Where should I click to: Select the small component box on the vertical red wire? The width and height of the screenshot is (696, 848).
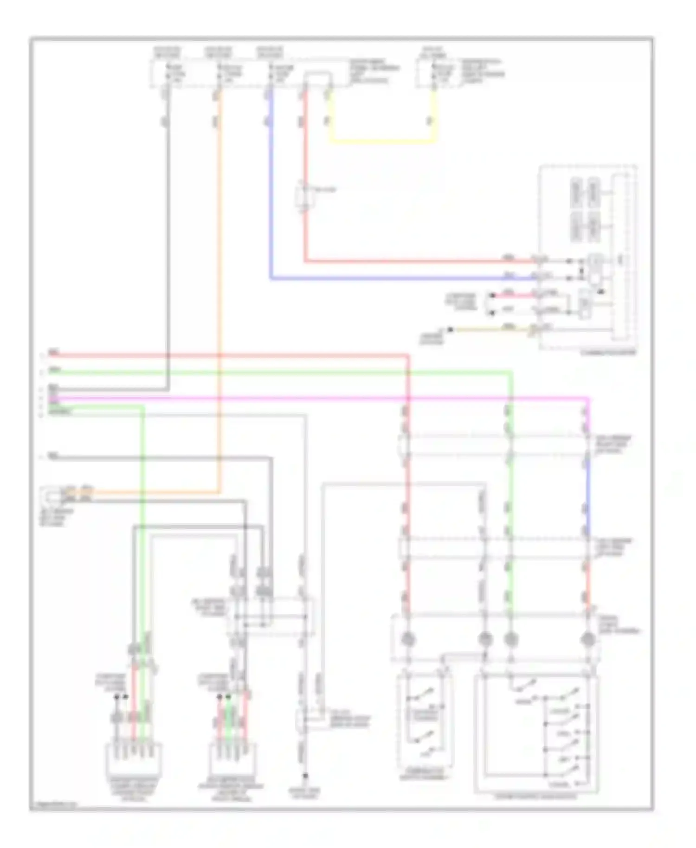pyautogui.click(x=305, y=197)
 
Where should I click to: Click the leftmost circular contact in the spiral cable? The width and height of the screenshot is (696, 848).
pyautogui.click(x=407, y=639)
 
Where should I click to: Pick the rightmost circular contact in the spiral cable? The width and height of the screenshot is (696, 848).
pyautogui.click(x=588, y=639)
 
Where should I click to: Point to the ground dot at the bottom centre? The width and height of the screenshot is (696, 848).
pyautogui.click(x=305, y=775)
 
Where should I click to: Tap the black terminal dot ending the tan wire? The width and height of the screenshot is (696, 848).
pyautogui.click(x=450, y=329)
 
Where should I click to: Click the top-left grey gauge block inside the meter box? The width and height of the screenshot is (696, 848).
pyautogui.click(x=577, y=192)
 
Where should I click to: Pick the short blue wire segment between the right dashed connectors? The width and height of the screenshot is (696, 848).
pyautogui.click(x=587, y=496)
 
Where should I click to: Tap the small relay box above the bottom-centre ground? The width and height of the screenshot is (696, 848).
pyautogui.click(x=304, y=720)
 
